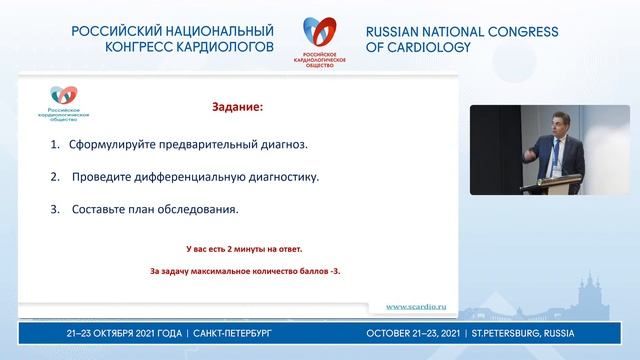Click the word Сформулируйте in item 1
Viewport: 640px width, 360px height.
(109, 144)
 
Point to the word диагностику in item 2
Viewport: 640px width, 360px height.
(283, 177)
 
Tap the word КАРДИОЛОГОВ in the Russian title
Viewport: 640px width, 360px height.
(224, 47)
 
